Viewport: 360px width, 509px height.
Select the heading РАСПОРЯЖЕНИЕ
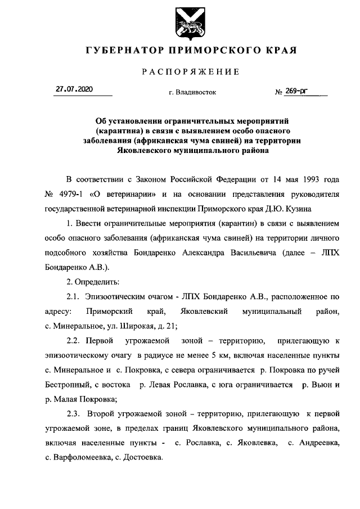(x=191, y=71)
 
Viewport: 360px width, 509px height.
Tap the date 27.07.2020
(x=73, y=89)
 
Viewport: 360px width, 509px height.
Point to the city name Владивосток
(x=195, y=92)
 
